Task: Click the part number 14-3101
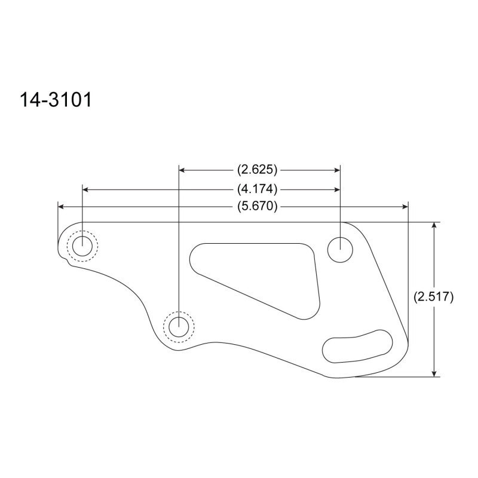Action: tap(56, 100)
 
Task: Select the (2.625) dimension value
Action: tap(258, 170)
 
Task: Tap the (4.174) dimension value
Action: tap(258, 189)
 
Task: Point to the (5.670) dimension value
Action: tap(258, 206)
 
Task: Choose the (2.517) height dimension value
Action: tap(434, 296)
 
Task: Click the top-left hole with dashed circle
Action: tap(82, 246)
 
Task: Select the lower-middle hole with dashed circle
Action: tap(179, 327)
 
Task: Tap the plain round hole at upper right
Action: tap(340, 250)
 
